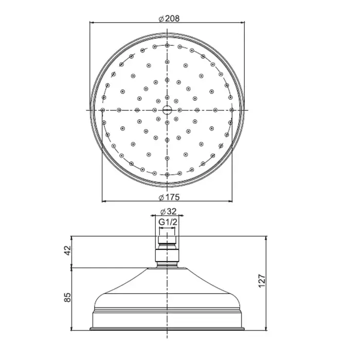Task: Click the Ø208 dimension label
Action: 169,19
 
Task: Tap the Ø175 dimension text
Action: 169,197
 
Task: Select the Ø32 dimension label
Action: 168,211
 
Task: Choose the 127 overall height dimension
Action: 262,280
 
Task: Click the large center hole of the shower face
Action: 167,110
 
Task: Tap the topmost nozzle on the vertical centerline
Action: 167,45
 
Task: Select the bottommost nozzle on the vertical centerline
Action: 167,175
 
